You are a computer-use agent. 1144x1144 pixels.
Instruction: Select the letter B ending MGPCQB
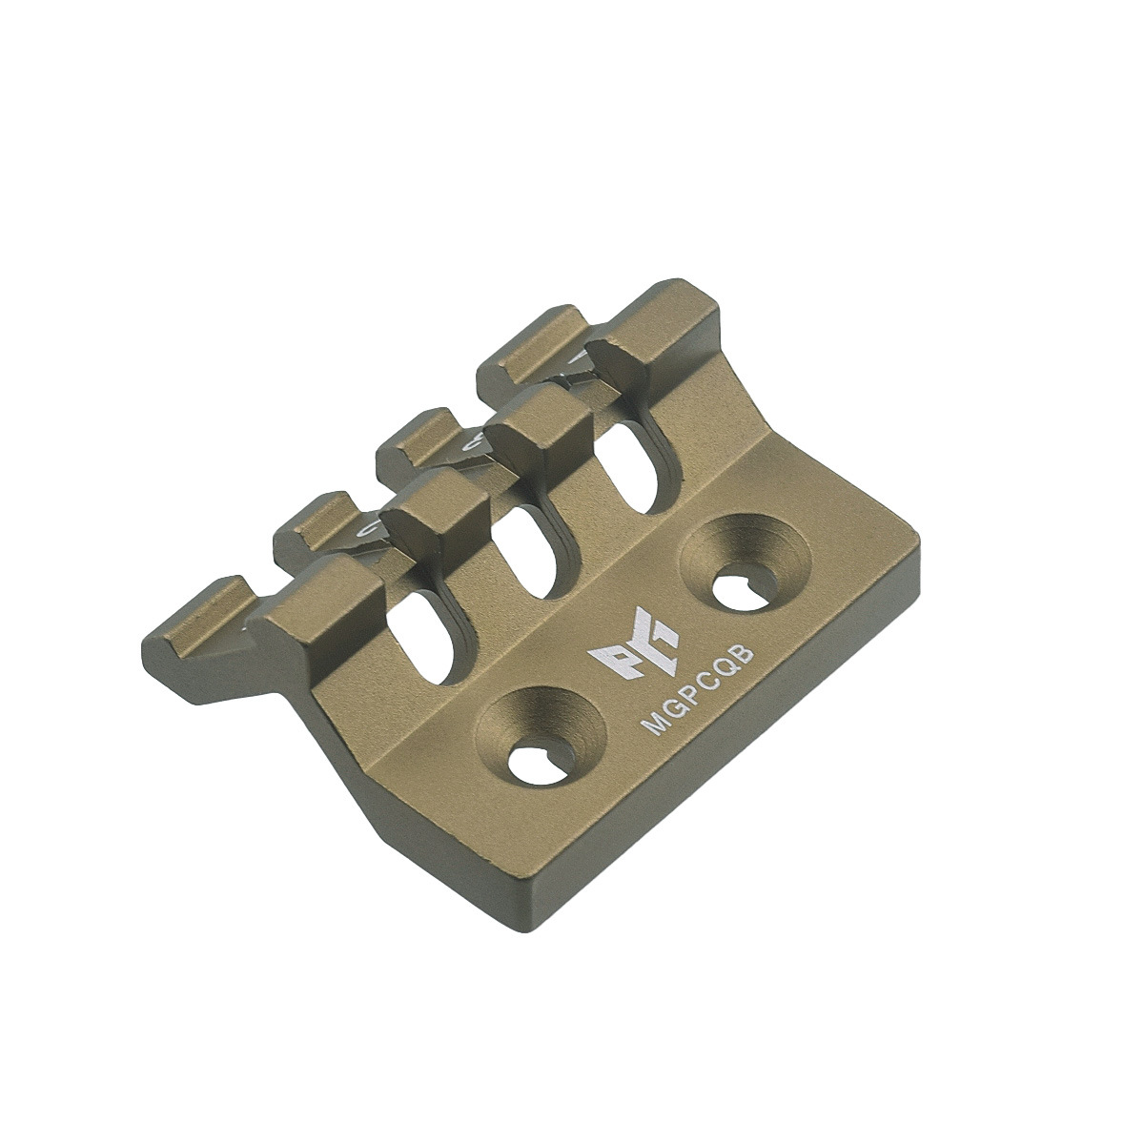click(747, 655)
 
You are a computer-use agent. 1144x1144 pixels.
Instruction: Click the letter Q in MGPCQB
click(729, 669)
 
